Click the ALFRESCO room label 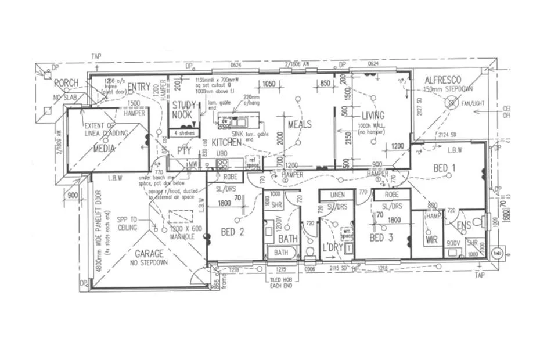coord(444,80)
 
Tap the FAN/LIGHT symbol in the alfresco coord(451,102)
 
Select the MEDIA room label coord(105,149)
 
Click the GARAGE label coord(149,254)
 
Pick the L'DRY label coord(333,249)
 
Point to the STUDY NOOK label coord(185,110)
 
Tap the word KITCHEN coord(226,142)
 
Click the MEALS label coord(300,124)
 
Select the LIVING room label coord(373,116)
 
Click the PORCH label coord(66,83)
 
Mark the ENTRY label coord(139,87)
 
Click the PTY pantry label coord(184,151)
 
